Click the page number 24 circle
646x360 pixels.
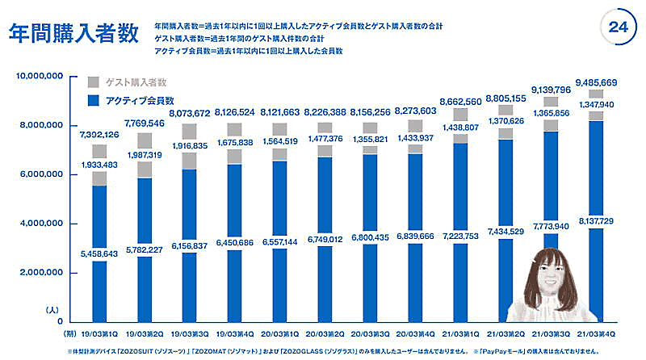click(x=618, y=27)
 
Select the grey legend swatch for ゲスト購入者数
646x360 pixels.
click(x=92, y=82)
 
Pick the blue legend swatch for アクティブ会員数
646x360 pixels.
click(x=92, y=100)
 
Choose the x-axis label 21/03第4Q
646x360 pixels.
click(x=596, y=332)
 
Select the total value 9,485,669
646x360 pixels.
click(x=597, y=82)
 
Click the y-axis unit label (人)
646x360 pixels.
click(x=54, y=309)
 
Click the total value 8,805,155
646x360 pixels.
click(x=506, y=98)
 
